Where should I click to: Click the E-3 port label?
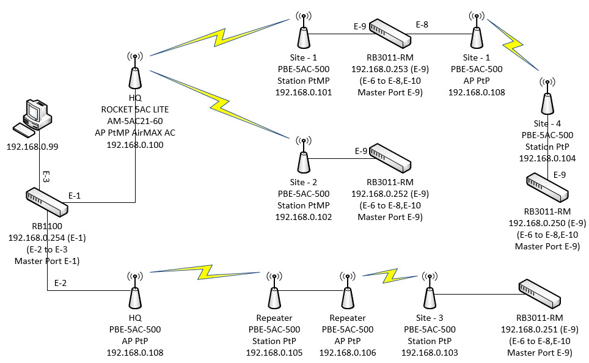click(46, 177)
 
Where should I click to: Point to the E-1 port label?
click(75, 196)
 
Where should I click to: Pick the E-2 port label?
click(61, 283)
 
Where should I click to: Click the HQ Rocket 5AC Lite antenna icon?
click(134, 73)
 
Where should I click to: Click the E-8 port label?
click(422, 25)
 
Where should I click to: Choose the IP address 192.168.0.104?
click(547, 158)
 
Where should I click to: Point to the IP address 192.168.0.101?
click(303, 92)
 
